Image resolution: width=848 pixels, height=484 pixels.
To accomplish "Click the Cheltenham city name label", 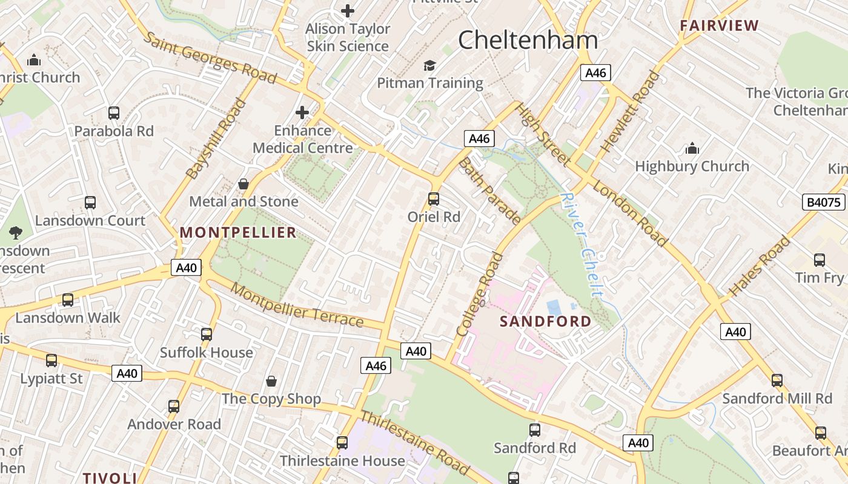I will click(x=528, y=41).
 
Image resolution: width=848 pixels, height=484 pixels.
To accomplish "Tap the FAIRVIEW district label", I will click(x=719, y=25).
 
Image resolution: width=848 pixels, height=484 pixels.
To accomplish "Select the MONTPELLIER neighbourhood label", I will click(x=238, y=232).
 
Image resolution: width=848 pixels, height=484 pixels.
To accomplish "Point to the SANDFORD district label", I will click(x=545, y=321).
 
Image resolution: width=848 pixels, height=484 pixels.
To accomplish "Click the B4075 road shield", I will click(x=824, y=202).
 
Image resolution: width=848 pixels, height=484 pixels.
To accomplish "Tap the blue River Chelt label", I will click(x=581, y=245).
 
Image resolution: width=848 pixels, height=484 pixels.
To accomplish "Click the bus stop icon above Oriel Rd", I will click(x=434, y=198).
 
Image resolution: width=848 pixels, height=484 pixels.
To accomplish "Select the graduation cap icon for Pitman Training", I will click(x=429, y=65).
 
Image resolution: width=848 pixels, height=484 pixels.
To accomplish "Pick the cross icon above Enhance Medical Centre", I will click(x=302, y=113).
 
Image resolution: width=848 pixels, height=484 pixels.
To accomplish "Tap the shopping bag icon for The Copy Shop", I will click(x=271, y=381).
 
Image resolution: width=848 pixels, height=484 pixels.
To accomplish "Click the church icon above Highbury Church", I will click(x=692, y=148).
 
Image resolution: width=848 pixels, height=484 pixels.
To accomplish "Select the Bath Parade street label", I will click(x=489, y=191).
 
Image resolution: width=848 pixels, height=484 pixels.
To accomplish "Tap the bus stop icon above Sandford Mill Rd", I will click(x=777, y=381).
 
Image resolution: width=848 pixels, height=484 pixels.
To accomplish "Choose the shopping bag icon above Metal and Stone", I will click(x=243, y=184).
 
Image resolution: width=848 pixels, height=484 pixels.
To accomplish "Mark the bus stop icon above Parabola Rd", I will click(x=114, y=113).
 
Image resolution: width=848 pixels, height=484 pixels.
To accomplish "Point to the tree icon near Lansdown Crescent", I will click(x=15, y=232).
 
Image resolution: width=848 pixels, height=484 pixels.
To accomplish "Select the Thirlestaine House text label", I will click(x=342, y=461).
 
